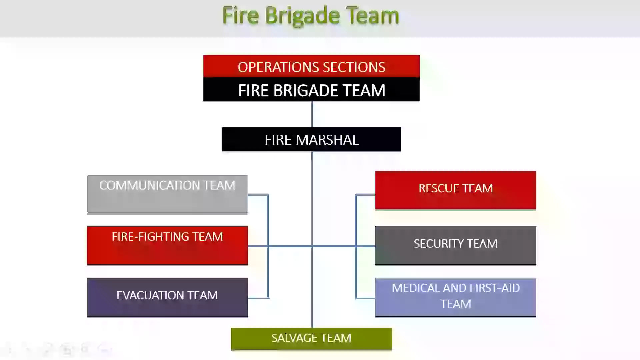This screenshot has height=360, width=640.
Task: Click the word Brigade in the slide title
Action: (x=302, y=16)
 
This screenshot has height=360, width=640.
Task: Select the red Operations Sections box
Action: (x=311, y=66)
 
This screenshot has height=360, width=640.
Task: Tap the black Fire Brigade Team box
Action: (x=311, y=90)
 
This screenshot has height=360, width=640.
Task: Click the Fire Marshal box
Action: (x=311, y=139)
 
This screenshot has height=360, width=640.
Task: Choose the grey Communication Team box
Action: (x=167, y=194)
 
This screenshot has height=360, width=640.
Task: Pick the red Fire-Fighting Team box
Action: (x=167, y=245)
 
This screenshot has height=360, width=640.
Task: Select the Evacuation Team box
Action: (x=167, y=297)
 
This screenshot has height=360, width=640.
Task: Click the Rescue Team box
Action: (x=455, y=190)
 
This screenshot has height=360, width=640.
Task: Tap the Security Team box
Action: (x=455, y=245)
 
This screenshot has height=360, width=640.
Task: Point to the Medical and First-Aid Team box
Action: (x=455, y=297)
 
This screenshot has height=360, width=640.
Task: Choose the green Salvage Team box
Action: (x=311, y=339)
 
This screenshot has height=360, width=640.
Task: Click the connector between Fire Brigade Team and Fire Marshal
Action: (x=312, y=114)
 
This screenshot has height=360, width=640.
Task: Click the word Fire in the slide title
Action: (x=240, y=16)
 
